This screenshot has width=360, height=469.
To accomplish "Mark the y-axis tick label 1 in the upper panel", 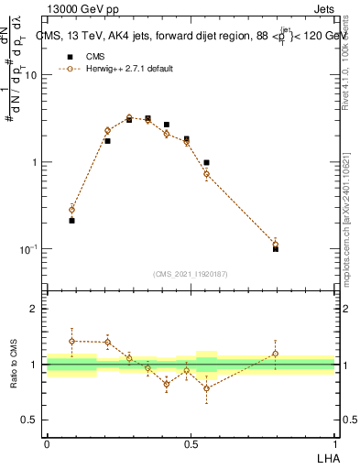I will tap(37, 163).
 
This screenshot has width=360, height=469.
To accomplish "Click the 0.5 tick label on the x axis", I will tap(191, 443).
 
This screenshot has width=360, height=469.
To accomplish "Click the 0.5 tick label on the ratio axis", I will tap(31, 420).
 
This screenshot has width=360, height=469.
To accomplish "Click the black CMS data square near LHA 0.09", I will tap(71, 221).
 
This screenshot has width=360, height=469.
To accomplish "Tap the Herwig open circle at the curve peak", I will tap(129, 117).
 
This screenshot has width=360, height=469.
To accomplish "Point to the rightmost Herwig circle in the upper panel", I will tap(276, 244).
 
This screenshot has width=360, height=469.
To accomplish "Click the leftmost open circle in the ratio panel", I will tap(71, 341).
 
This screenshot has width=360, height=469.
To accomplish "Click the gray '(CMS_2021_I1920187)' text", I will tap(191, 273).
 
